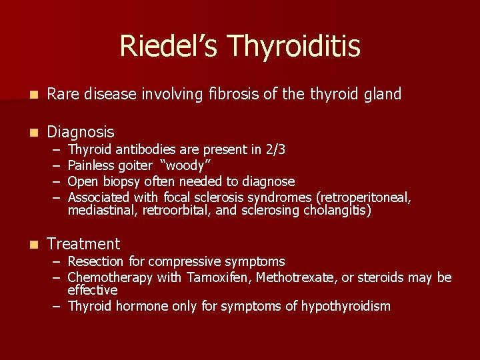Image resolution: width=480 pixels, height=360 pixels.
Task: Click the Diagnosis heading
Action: point(81,132)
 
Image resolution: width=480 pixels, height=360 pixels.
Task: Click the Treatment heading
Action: point(83,244)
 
